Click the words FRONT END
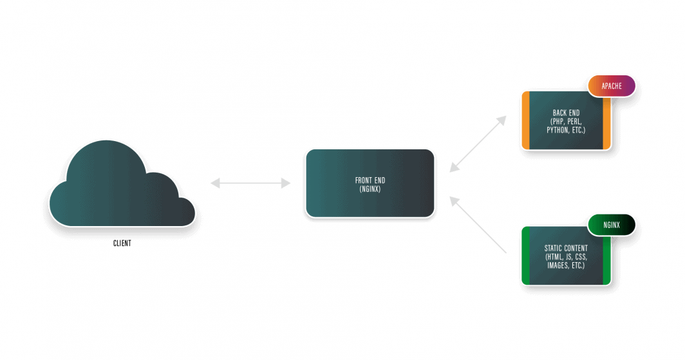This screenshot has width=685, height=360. [370, 180]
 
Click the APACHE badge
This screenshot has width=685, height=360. [611, 86]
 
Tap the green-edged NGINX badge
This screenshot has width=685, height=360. [611, 225]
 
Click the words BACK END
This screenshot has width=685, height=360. [566, 113]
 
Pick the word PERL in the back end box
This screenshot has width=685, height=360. [575, 121]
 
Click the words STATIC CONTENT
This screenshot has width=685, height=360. [566, 248]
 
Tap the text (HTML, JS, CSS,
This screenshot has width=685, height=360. [566, 256]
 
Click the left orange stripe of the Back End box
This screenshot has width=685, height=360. [525, 121]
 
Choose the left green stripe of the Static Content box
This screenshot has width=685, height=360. [525, 256]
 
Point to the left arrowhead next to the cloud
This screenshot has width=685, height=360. [214, 184]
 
